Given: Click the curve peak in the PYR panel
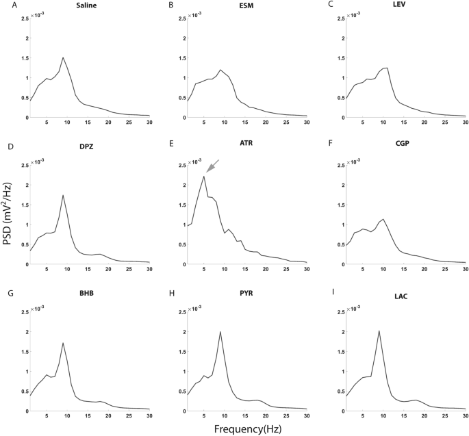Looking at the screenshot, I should coord(220,332).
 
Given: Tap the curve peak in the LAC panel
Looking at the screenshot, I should coord(379,331).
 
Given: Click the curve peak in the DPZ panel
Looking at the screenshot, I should coord(63,195).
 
